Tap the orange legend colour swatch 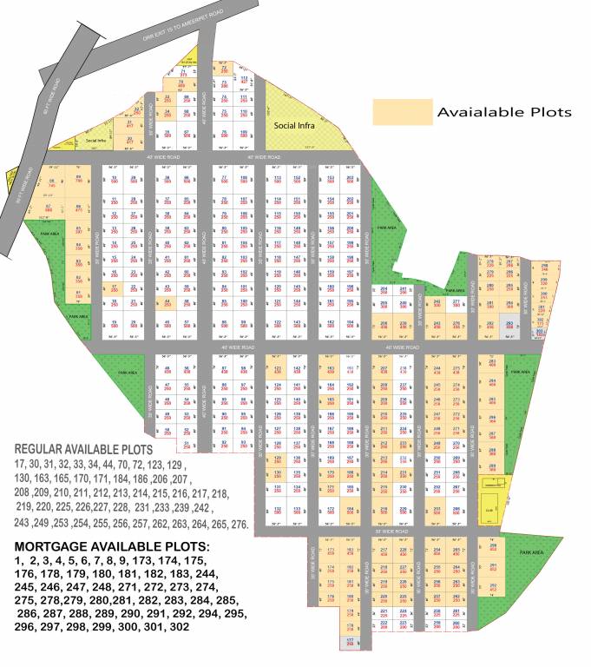pos(402,112)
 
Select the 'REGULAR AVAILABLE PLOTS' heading pos(83,449)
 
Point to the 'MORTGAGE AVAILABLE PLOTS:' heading pos(112,545)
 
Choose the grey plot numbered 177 pos(351,642)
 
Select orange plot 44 pos(166,303)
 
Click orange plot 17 pos(114,288)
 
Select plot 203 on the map pos(350,180)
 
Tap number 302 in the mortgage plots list pos(180,626)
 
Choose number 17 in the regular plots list pos(21,465)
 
